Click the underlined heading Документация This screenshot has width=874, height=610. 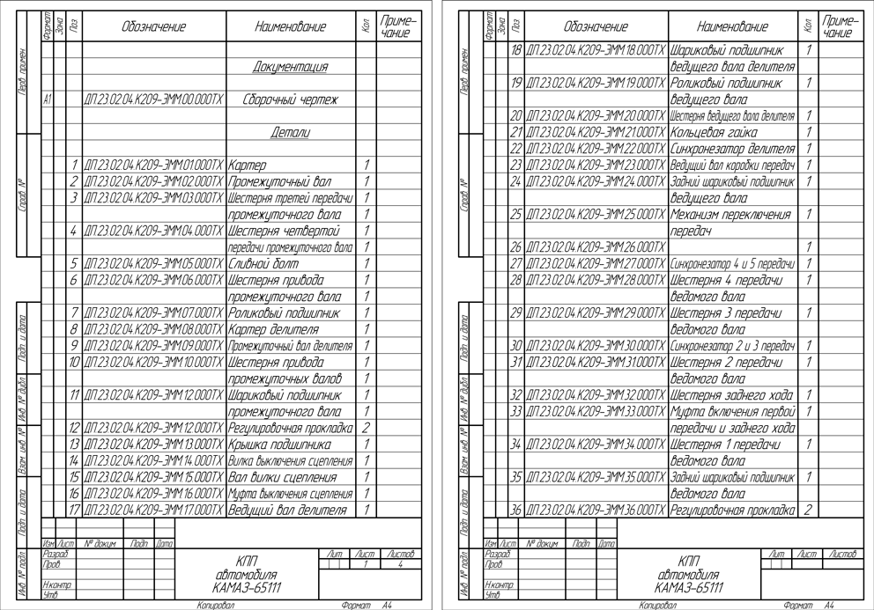(x=290, y=67)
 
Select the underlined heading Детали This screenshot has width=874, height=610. (x=290, y=132)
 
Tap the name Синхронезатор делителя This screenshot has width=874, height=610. (x=732, y=148)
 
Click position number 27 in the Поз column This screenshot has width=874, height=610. (x=516, y=262)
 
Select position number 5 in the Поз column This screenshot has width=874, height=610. (x=76, y=262)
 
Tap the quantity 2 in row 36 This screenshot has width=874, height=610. (x=808, y=509)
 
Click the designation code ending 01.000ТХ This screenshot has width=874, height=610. (x=154, y=165)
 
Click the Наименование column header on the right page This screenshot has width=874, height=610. (x=731, y=28)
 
